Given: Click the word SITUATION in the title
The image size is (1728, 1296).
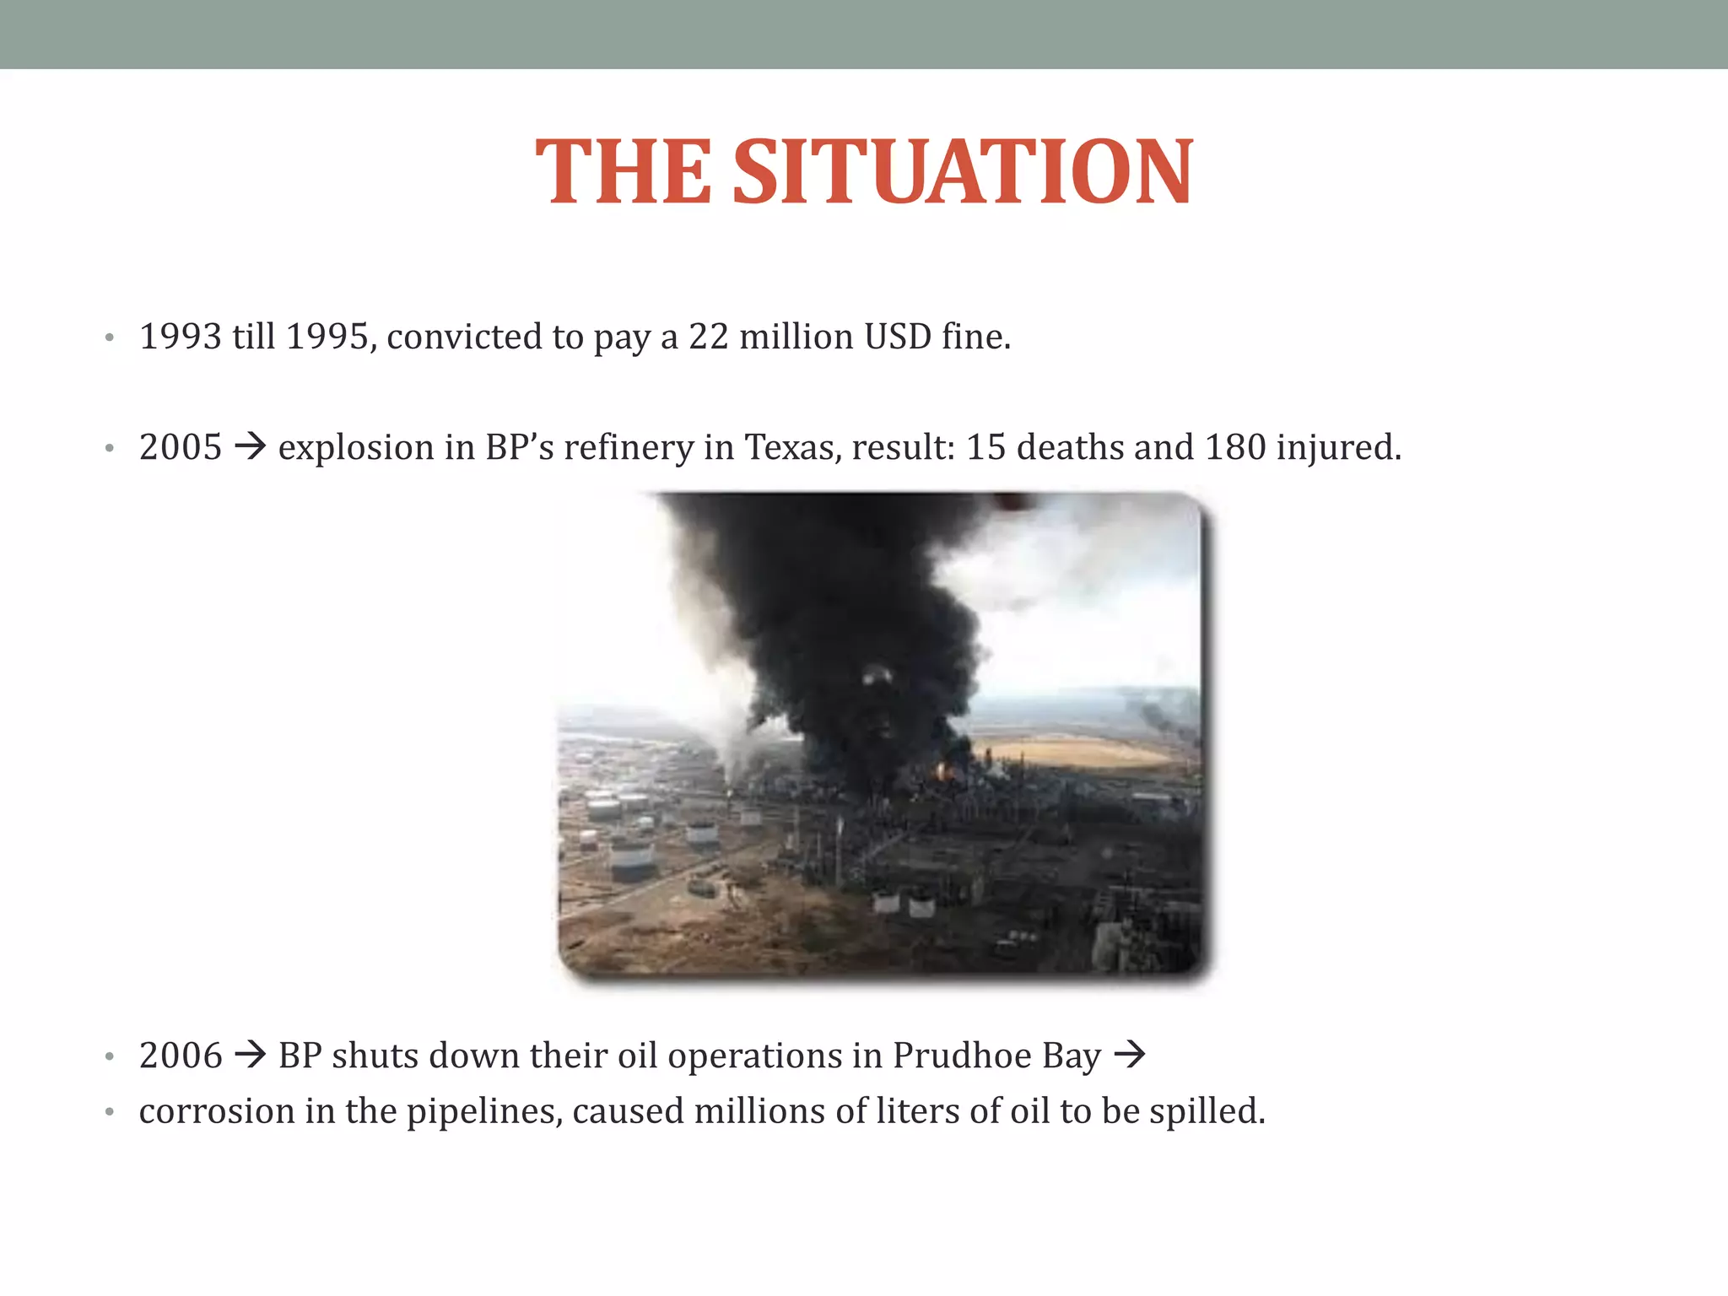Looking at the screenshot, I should click(x=963, y=172).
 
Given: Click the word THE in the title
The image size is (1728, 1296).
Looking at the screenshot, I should click(x=624, y=172).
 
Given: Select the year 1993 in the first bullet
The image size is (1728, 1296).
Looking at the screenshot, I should click(x=181, y=337).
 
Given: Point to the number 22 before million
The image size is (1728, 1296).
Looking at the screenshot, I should click(x=709, y=337).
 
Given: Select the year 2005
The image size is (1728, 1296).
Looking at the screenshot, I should click(x=181, y=447).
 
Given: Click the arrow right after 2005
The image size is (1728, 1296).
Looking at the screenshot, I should click(x=251, y=446).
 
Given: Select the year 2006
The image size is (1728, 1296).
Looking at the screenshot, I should click(x=181, y=1056).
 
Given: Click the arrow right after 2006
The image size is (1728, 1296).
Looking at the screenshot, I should click(x=251, y=1055).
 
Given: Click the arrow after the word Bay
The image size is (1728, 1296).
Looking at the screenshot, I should click(x=1130, y=1055).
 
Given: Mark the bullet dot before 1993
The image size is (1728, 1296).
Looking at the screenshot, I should click(x=109, y=339).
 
